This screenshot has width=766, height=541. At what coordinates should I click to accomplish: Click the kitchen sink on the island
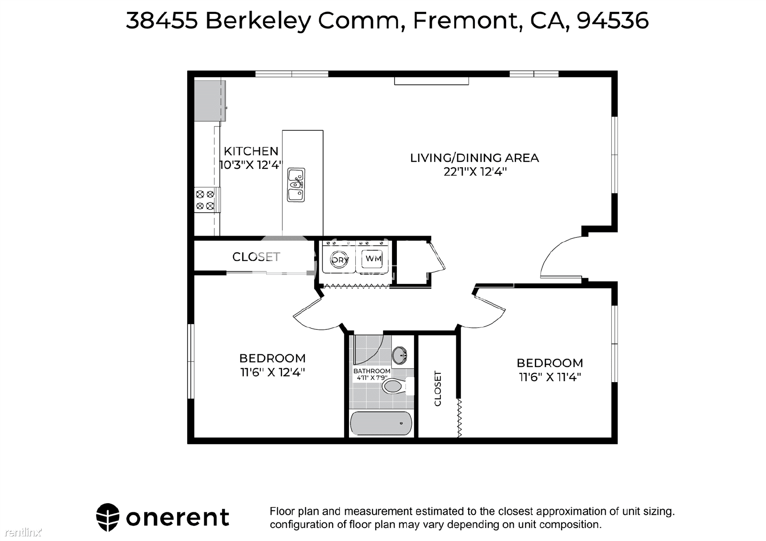point(296,185)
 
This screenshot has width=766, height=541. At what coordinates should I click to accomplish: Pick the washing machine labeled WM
point(373,259)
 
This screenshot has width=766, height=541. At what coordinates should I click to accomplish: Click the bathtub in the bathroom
point(381,423)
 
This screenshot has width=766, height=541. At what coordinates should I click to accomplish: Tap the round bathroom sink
point(400,356)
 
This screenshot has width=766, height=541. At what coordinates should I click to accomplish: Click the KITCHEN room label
point(251,151)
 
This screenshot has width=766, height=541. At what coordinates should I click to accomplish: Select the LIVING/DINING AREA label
point(474,158)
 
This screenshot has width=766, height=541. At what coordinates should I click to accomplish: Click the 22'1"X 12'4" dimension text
point(475,171)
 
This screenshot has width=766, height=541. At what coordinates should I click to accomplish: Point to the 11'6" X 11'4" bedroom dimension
point(550,377)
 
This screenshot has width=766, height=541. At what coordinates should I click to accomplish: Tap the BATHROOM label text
point(372,371)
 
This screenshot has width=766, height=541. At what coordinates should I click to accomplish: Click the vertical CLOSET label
point(438,388)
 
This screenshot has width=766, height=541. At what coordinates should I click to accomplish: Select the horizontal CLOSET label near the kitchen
point(256,257)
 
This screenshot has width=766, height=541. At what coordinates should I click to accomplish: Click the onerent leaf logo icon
point(108,517)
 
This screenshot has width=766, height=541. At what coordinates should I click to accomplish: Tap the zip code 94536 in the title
point(612,21)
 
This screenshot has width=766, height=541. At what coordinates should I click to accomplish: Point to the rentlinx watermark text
point(23,532)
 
